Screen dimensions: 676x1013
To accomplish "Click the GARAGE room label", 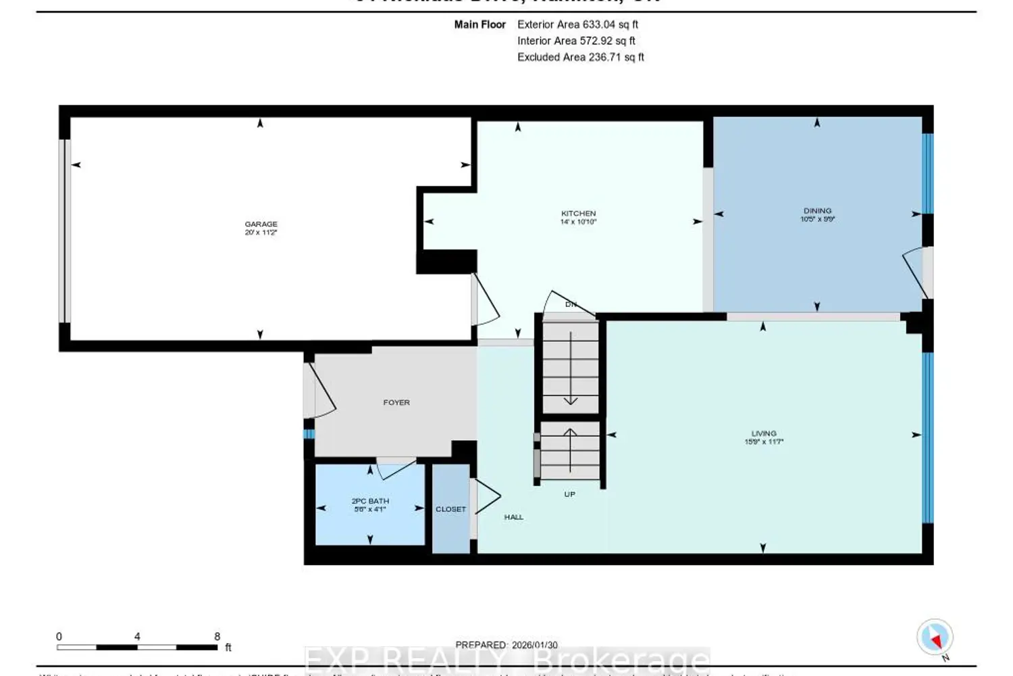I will pyautogui.click(x=261, y=224).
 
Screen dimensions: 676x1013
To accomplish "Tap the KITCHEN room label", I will pyautogui.click(x=578, y=214).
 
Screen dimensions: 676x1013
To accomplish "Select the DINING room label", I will pyautogui.click(x=817, y=211).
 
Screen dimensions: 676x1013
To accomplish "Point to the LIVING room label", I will pyautogui.click(x=764, y=433).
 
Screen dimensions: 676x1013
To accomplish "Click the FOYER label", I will pyautogui.click(x=396, y=402).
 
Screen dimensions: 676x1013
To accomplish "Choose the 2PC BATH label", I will pyautogui.click(x=370, y=501).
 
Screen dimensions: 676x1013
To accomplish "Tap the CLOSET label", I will pyautogui.click(x=450, y=509).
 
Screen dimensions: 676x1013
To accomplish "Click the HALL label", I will pyautogui.click(x=513, y=517).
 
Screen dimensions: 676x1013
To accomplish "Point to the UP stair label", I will pyautogui.click(x=569, y=494).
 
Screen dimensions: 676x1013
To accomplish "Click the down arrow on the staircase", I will pyautogui.click(x=571, y=368).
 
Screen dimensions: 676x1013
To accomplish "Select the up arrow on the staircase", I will pyautogui.click(x=570, y=449).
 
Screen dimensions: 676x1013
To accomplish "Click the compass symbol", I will pyautogui.click(x=935, y=637).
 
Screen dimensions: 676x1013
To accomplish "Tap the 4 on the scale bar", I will pyautogui.click(x=137, y=636).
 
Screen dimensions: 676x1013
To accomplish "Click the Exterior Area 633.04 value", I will pyautogui.click(x=577, y=24).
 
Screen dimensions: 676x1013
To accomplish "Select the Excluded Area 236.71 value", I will pyautogui.click(x=580, y=57).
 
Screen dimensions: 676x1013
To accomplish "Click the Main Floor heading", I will pyautogui.click(x=479, y=24).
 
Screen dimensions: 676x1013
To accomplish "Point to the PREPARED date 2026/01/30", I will pyautogui.click(x=534, y=645).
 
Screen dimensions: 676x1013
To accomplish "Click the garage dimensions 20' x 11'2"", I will pyautogui.click(x=261, y=233).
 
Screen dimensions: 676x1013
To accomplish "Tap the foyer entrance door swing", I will pyautogui.click(x=321, y=392).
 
